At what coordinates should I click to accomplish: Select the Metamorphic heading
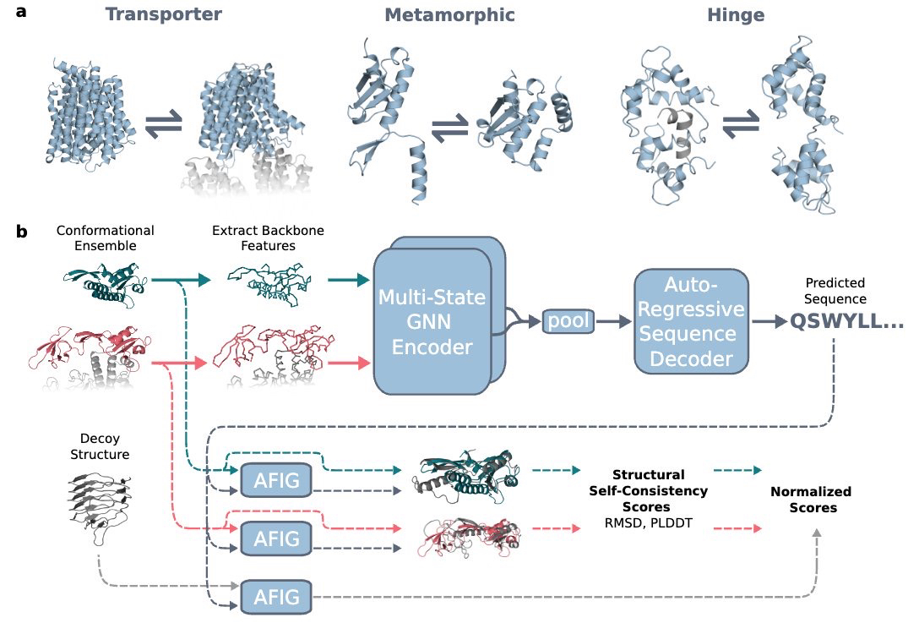(x=449, y=15)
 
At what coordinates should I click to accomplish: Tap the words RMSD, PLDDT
(x=648, y=522)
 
